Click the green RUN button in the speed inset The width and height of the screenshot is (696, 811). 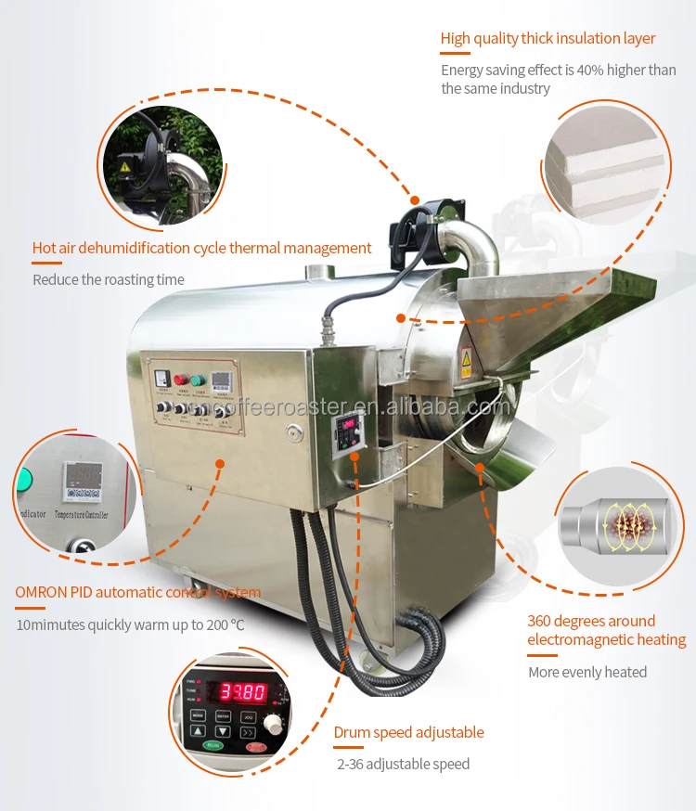213,745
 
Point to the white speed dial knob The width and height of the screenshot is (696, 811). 274,724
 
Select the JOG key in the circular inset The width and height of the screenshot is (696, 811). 248,715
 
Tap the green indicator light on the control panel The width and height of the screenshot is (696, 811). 196,379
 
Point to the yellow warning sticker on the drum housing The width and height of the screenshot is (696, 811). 466,359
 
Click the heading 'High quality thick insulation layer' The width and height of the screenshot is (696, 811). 548,38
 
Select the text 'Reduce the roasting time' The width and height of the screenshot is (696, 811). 109,279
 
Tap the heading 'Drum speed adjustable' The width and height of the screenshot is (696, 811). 408,732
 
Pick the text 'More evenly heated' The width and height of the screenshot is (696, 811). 587,672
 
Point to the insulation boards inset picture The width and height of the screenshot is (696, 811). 605,164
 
